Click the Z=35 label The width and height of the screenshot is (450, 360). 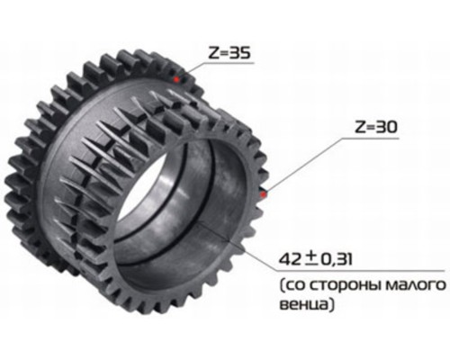[229, 53]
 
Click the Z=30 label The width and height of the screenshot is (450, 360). [376, 127]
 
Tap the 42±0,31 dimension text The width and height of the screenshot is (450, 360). [315, 259]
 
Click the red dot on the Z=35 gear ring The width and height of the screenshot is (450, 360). [176, 79]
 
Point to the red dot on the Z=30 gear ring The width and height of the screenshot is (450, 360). [264, 194]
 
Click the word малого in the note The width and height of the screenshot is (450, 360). [416, 286]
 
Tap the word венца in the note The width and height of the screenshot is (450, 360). [304, 305]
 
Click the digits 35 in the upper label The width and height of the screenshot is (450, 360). [239, 53]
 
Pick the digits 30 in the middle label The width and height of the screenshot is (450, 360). [386, 127]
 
